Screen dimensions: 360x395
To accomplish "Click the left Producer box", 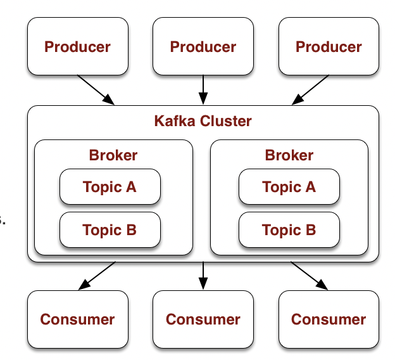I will coord(77,47).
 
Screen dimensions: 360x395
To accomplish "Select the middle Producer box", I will coord(203,47).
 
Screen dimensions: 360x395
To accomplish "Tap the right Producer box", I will coord(329,47).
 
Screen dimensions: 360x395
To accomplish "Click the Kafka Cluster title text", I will coord(203,120).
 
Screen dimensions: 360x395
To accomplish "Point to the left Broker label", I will coord(113,155).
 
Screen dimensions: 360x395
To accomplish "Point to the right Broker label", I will coord(289,155).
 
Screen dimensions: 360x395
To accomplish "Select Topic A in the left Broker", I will coord(110,187).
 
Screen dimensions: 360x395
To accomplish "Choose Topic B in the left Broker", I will coord(110,229).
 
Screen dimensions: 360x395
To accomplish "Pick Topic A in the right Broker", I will coord(289,187).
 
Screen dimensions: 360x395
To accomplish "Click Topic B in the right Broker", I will coord(289,229).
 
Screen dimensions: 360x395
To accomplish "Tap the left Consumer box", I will coord(77,319).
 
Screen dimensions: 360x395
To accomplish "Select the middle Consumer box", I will coord(203,319).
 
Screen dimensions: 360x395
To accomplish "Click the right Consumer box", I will coord(329,319).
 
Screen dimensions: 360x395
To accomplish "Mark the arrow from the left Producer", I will coord(96,90).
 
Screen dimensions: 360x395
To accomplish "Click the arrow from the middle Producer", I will coord(203,89).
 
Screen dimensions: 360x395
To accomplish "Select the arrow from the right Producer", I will coord(310,90).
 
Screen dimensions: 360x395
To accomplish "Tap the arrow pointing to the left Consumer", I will coord(96,275).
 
